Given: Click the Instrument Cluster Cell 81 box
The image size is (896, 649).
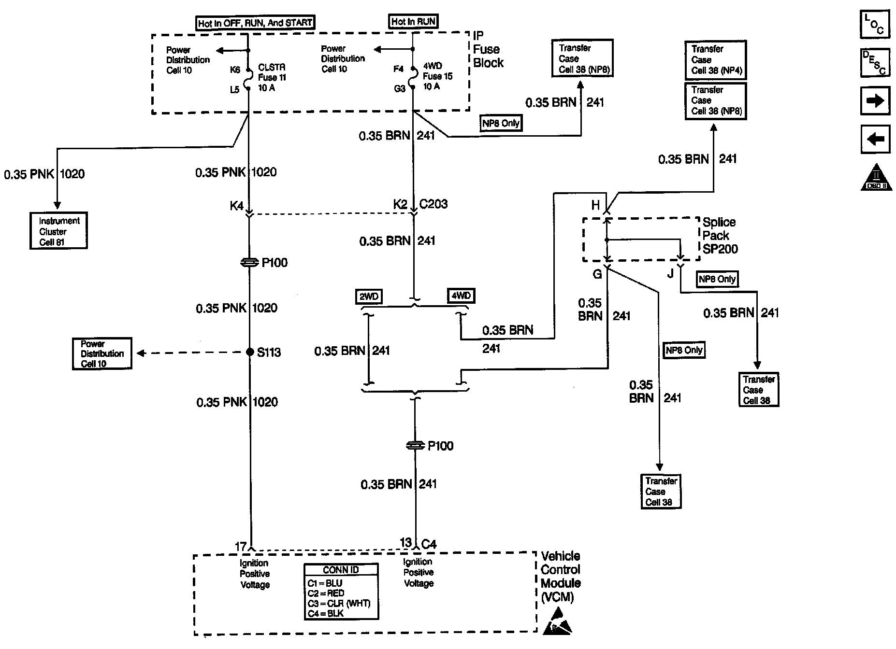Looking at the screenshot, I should (x=58, y=231).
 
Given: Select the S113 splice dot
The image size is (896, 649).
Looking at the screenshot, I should (x=250, y=352).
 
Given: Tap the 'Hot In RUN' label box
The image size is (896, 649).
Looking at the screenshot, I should (x=413, y=22).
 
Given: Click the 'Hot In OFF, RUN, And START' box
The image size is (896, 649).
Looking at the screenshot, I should (x=255, y=23).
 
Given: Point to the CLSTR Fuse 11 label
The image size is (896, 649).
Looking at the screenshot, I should (x=272, y=77).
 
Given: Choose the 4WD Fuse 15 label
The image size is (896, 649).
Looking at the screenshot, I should (x=437, y=76).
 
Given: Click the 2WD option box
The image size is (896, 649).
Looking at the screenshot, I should (x=369, y=296).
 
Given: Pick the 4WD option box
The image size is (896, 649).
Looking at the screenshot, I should (x=461, y=295).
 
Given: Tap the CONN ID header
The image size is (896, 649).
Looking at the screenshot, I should (x=341, y=570).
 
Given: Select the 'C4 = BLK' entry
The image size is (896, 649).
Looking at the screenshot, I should (x=325, y=613).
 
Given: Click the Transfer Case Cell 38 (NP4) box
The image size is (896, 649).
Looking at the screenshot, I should (x=716, y=60).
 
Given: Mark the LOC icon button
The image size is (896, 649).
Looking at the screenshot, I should (x=875, y=24).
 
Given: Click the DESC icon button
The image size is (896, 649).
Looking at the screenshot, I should (x=875, y=62).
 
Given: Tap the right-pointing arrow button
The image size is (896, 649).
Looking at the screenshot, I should (x=875, y=101).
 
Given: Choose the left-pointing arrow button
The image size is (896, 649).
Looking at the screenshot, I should (x=875, y=140).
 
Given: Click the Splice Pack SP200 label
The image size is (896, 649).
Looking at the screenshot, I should (x=720, y=236).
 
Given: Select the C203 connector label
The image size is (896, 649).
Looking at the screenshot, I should (x=434, y=204).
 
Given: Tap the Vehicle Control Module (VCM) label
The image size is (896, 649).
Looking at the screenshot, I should (x=560, y=576).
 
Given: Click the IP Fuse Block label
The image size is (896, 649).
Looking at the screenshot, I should (x=488, y=49).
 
